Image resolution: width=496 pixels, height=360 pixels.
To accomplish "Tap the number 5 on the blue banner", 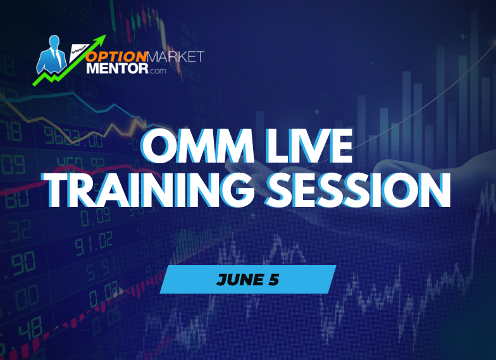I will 273,280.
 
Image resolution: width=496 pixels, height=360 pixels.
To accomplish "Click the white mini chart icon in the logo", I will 78,50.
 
